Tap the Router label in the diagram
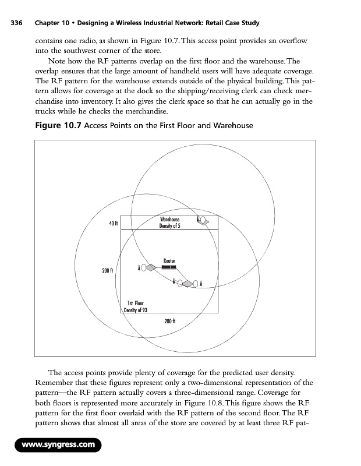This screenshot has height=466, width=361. click(169, 260)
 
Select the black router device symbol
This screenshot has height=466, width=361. click(169, 267)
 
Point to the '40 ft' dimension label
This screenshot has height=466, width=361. click(113, 223)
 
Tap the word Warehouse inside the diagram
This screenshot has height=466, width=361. click(169, 219)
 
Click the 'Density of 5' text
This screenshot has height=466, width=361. click(169, 225)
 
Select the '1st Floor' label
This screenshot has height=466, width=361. click(135, 303)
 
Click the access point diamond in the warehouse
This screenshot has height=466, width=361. click(206, 221)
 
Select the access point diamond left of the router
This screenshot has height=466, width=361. click(150, 268)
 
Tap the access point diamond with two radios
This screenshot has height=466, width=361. click(188, 284)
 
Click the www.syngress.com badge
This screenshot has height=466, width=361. click(59, 446)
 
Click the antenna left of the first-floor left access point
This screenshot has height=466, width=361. click(139, 268)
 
